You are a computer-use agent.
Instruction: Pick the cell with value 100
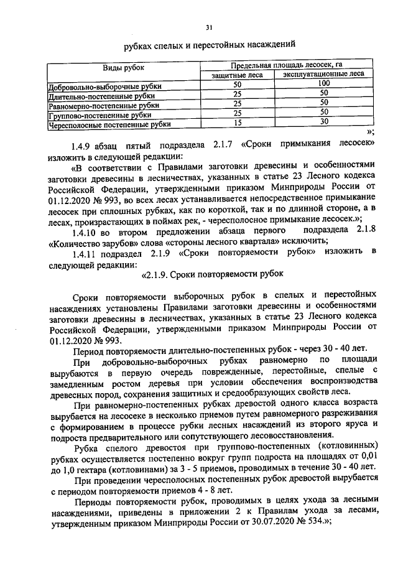pos(323,84)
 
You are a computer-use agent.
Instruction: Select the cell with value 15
pos(237,123)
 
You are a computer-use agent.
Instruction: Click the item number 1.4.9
pos(83,144)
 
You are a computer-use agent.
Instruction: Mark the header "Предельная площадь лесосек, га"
pos(287,65)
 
